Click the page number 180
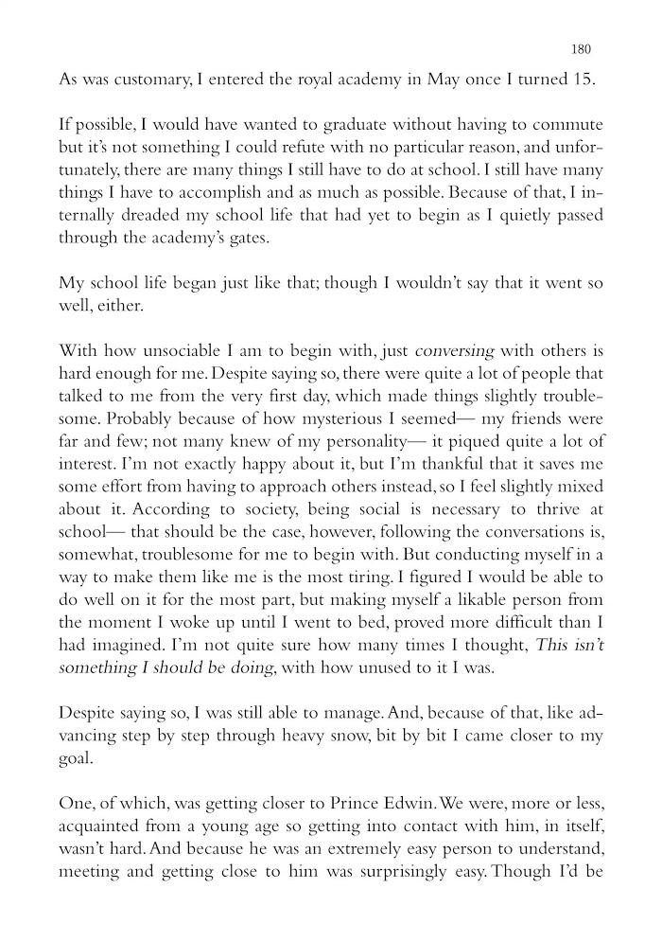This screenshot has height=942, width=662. point(583,49)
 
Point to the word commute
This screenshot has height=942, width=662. point(567,125)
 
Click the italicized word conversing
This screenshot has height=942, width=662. point(456,351)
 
